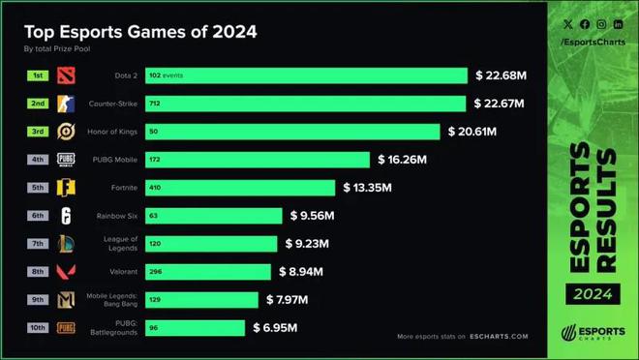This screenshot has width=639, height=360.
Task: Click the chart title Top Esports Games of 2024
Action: [x=140, y=31]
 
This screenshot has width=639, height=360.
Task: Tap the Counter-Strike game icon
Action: [x=66, y=104]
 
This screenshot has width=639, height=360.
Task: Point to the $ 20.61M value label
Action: [x=484, y=132]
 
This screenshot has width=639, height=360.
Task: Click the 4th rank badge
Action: [x=38, y=159]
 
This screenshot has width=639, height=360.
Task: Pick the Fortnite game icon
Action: [x=66, y=188]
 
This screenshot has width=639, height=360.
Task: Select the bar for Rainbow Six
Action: [x=214, y=216]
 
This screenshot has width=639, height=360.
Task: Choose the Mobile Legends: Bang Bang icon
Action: [x=66, y=300]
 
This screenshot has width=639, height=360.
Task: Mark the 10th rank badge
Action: [x=38, y=327]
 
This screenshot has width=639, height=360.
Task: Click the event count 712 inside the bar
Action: [x=156, y=104]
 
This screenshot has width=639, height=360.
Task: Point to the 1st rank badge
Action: [x=38, y=75]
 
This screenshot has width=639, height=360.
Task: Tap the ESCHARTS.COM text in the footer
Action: [x=500, y=337]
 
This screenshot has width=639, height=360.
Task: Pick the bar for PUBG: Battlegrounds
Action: [x=195, y=328]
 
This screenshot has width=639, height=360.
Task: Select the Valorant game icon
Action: [x=66, y=272]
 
